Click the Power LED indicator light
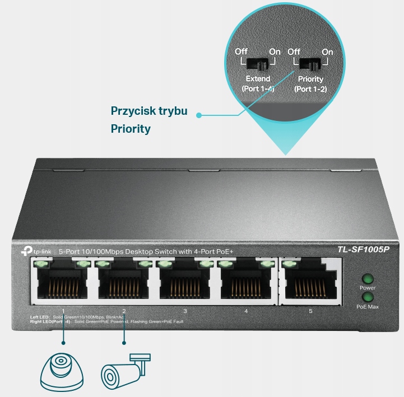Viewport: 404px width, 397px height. [367, 278]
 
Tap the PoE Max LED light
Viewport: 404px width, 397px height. [367, 297]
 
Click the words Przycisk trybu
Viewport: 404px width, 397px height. [148, 110]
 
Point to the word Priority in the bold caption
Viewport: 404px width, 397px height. [131, 129]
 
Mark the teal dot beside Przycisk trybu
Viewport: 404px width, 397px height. [199, 115]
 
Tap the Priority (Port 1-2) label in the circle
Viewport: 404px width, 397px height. [310, 84]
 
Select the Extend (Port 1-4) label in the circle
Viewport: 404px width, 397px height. [258, 84]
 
